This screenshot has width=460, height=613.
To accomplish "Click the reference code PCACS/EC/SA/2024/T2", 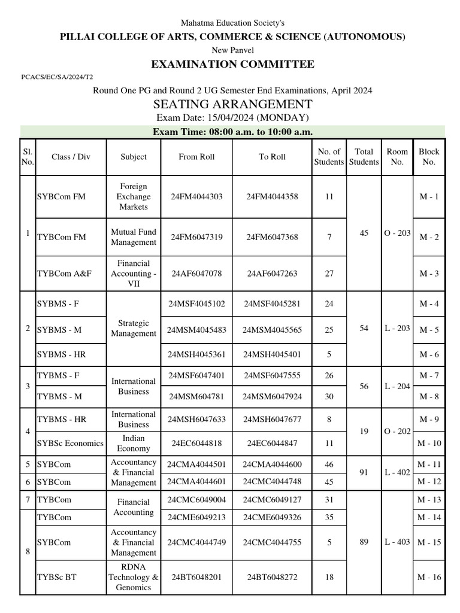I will (57, 77).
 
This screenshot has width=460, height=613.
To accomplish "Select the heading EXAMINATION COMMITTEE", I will (232, 64).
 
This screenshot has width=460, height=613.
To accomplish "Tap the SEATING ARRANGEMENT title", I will (232, 104).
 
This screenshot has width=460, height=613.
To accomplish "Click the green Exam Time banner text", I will (232, 132).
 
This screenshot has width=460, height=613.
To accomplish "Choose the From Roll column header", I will (196, 157).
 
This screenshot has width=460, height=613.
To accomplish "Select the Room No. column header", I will (397, 157).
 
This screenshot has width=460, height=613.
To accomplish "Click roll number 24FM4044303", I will (196, 196).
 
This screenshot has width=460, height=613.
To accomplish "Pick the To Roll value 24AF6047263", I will (272, 274).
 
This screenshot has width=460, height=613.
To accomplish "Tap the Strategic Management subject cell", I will (134, 328).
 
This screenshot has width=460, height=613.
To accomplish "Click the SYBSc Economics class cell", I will (70, 444).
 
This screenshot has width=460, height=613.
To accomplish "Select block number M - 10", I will (429, 444).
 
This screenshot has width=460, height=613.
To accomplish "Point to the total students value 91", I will (364, 472).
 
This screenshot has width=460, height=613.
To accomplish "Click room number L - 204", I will (397, 387).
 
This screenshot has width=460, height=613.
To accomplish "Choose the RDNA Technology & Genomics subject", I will (134, 577).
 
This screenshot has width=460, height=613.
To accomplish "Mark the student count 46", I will (329, 463).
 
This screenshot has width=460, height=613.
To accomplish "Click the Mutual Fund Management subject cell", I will (134, 237).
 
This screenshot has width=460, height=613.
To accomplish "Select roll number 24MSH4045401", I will (272, 354).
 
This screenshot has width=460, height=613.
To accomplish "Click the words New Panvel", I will (232, 50).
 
